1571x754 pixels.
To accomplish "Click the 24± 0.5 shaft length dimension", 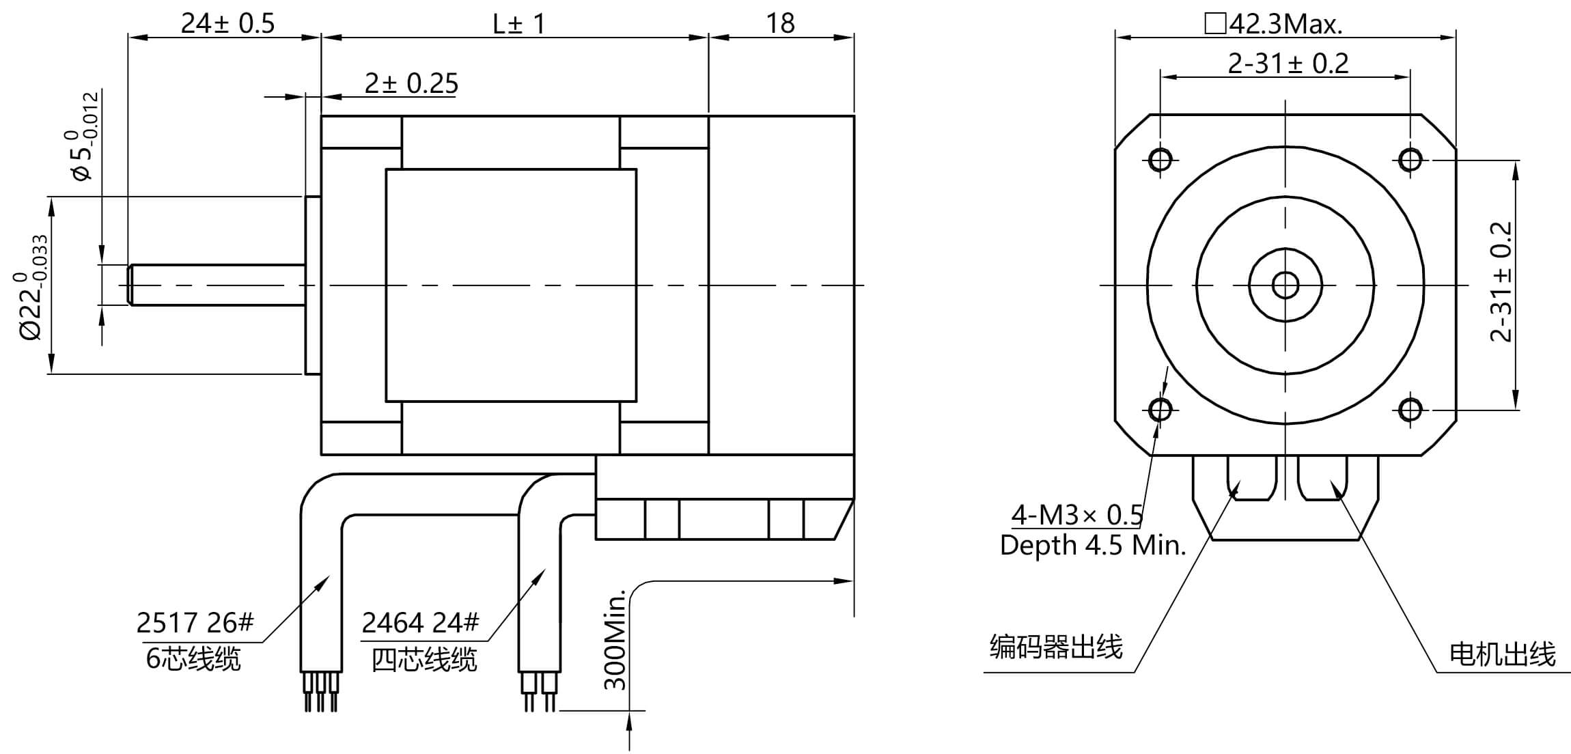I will point(227,24).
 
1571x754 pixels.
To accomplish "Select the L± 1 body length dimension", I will point(519,25).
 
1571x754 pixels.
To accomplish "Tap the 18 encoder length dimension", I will point(780,24).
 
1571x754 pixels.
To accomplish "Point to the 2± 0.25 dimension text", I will point(411,83).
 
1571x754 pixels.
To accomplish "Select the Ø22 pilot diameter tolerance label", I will point(31,287).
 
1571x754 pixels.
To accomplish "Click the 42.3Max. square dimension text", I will point(1275,25).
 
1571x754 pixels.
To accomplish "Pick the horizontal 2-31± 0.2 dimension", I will point(1288,64).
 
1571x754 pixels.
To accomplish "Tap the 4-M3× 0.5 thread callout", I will point(1077,515).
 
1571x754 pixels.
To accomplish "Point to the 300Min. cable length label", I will point(615,639).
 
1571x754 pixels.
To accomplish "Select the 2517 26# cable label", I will point(195,623).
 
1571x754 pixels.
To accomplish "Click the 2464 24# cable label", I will point(420,623).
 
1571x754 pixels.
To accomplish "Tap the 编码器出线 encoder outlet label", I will point(1056,647).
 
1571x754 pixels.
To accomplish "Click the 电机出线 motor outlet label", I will point(1502,654).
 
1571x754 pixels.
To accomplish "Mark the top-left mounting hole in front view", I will point(1160,160).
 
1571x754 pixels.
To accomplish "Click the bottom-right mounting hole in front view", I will point(1410,410).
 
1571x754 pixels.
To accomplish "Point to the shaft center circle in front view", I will point(1285,285).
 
